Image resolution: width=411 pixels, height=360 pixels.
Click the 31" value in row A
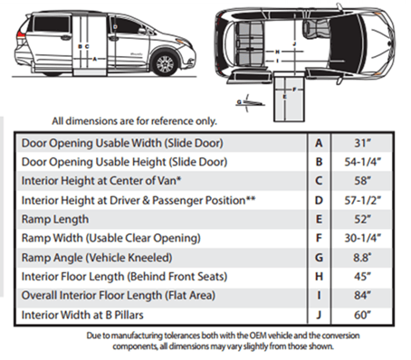pos(362,142)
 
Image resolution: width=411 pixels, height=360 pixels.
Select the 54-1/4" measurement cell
pos(362,161)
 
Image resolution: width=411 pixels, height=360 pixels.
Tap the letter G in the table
pos(318,257)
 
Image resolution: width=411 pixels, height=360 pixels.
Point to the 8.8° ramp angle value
pos(362,257)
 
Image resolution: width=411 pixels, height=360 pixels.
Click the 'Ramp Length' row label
pos(54,219)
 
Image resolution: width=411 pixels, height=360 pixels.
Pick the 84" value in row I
pos(362,296)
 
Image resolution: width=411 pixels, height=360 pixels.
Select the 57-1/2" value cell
pos(362,199)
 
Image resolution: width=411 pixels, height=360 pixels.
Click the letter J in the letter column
pos(318,315)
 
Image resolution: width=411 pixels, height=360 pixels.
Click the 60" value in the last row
pos(362,315)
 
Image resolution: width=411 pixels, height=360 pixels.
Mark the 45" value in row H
pos(362,277)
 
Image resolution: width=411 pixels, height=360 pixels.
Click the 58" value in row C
pos(362,180)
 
